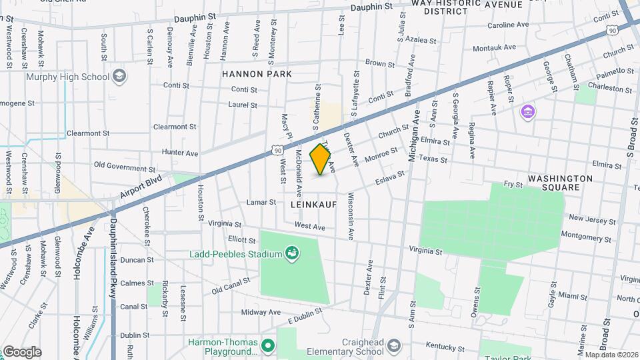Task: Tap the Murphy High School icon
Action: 119,77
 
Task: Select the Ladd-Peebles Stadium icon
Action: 291,253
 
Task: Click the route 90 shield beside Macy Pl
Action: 275,152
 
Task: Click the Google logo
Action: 22,351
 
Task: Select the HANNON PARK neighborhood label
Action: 257,73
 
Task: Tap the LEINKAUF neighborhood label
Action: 313,205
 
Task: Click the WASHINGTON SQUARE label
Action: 560,183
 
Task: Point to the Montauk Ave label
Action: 494,48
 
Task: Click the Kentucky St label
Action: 445,348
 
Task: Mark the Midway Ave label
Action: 262,312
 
